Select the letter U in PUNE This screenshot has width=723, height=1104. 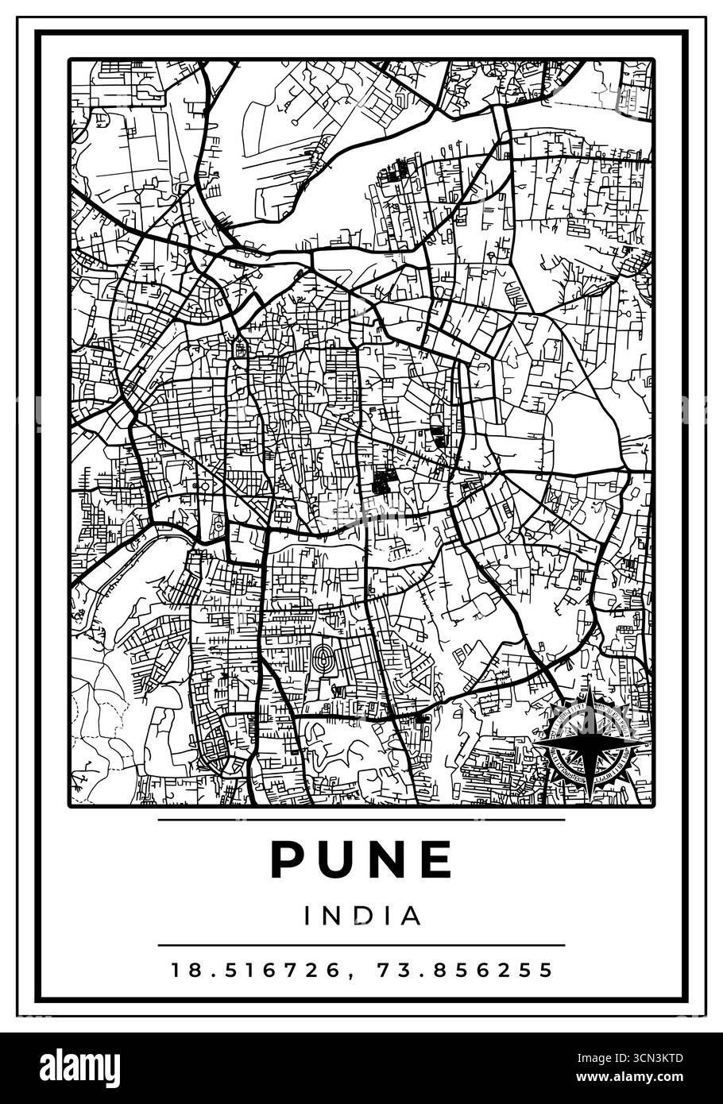coord(336,859)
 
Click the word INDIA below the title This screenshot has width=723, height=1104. coord(361,916)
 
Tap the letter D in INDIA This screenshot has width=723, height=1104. coord(362,916)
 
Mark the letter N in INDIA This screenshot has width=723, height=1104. coord(334,916)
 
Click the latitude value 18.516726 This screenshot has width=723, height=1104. coord(253,970)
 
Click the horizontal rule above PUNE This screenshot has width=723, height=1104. coord(361,819)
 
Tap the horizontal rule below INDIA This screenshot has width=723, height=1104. coord(361,945)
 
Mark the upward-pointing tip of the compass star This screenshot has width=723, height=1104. coord(590,703)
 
